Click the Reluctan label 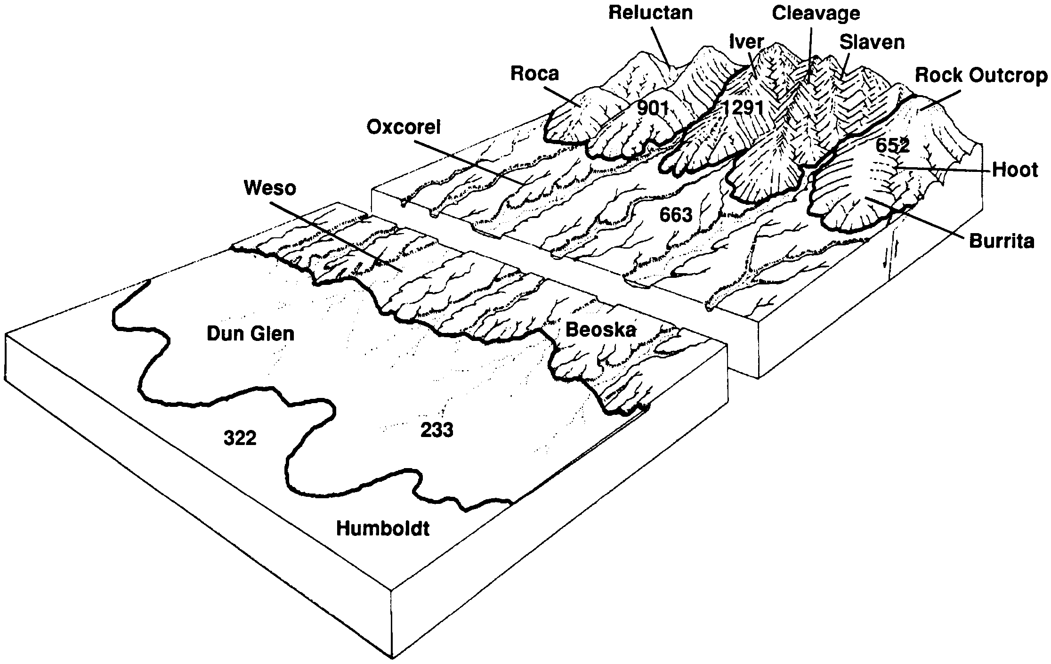point(650,13)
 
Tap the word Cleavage point(816,13)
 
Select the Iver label point(746,42)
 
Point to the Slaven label point(872,42)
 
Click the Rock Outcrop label point(981,75)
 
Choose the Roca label point(534,73)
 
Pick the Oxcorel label point(404,127)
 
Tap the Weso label point(270,188)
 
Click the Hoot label point(1015,170)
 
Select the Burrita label point(1002,241)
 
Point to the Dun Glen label point(251,334)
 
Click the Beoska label point(600,330)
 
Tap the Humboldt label point(382,528)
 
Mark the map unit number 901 point(653,109)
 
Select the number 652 point(892,146)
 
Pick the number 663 point(676,215)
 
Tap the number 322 point(240,438)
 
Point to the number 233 point(437,430)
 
